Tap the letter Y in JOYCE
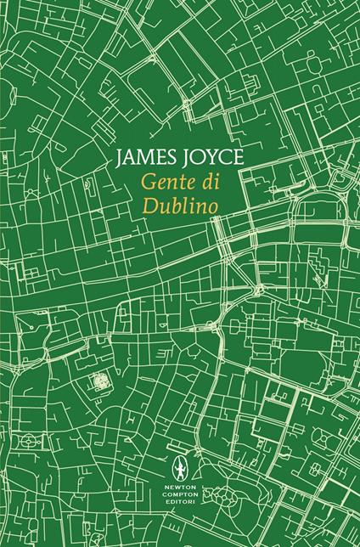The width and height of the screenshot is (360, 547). (x=196, y=157)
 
